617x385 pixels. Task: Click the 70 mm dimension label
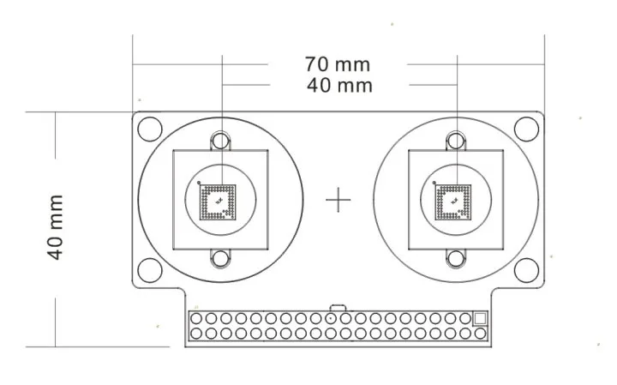coord(338,64)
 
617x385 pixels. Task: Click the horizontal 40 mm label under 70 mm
coord(339,86)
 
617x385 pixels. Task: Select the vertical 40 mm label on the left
coord(56,227)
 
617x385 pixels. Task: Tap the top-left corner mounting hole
coord(150,129)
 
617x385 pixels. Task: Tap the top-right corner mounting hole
coord(526,129)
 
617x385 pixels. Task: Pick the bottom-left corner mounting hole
coord(150,270)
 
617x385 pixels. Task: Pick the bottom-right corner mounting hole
coord(526,270)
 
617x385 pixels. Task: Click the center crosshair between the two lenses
coord(338,200)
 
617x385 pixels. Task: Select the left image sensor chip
coord(218,202)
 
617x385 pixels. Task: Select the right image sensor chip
coord(453,202)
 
